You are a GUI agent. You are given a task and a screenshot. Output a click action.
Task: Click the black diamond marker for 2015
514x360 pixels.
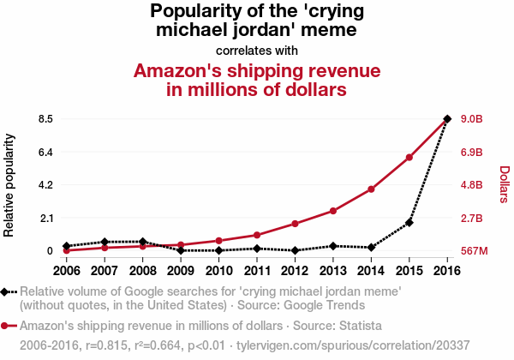tap(409, 222)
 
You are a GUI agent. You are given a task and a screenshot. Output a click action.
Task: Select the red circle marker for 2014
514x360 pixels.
tap(371, 189)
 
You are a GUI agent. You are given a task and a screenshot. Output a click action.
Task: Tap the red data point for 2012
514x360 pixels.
tap(295, 224)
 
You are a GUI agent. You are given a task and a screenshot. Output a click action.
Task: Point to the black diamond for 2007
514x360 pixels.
tap(105, 242)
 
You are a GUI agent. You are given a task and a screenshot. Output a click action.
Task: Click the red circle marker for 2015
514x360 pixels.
tap(409, 158)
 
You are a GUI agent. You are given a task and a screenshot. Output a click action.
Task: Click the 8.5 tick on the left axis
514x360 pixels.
tap(45, 118)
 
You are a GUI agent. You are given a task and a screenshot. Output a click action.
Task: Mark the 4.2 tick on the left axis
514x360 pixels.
tap(45, 184)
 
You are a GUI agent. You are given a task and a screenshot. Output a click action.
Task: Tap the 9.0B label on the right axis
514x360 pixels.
tap(473, 118)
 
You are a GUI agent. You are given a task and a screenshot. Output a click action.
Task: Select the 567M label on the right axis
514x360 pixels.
tap(474, 251)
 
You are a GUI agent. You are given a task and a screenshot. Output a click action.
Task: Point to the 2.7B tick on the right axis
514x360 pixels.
tap(473, 218)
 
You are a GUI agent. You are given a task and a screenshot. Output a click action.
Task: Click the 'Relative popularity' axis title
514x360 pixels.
tap(9, 184)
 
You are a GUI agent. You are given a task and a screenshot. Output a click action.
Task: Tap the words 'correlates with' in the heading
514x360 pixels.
tap(257, 50)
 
